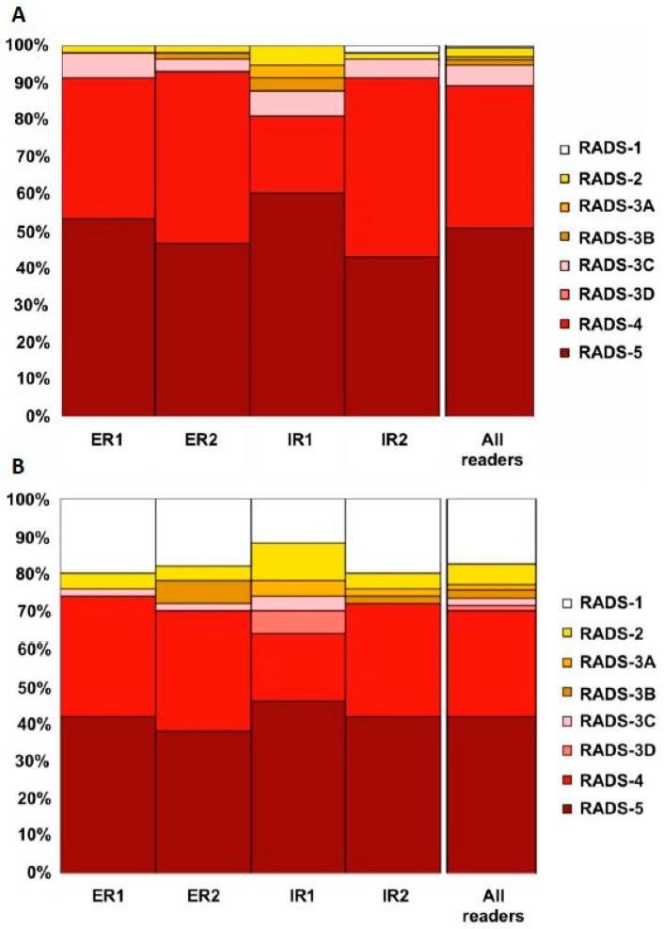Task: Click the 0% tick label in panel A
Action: [32, 415]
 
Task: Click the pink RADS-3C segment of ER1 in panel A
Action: [108, 65]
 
